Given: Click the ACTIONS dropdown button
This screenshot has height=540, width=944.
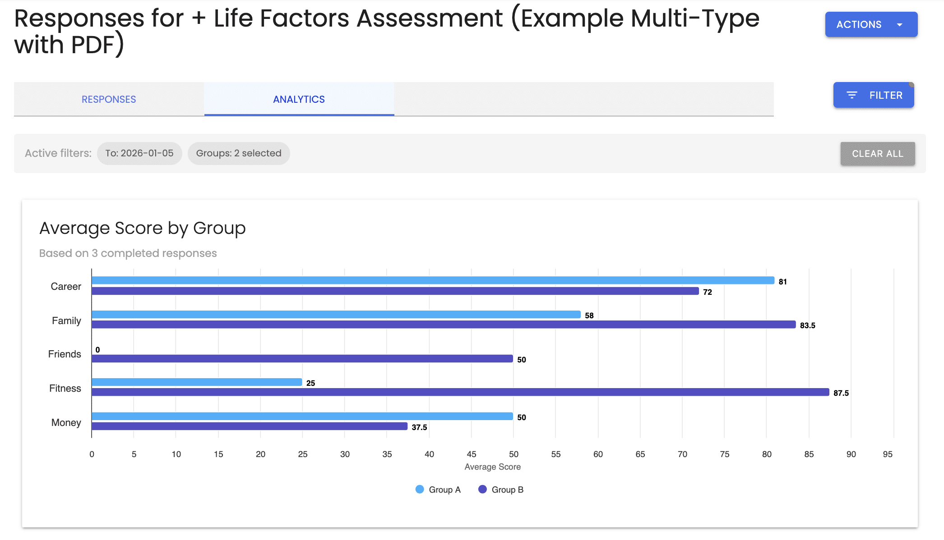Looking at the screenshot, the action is click(871, 24).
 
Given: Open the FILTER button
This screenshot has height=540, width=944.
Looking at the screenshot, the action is click(873, 95).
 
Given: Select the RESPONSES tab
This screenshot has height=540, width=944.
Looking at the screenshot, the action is click(109, 99).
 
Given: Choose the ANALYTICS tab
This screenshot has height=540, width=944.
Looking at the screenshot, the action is click(299, 99).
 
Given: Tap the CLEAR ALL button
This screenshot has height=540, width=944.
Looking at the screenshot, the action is click(878, 154).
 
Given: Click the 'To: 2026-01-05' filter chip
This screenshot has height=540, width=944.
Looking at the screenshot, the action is click(139, 153).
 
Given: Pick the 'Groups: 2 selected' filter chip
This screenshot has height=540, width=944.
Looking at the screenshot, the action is click(239, 153).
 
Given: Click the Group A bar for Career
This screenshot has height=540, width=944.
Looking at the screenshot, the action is click(433, 280).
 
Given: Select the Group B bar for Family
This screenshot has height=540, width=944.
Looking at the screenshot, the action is click(444, 325).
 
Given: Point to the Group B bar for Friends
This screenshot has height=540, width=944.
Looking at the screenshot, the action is click(302, 359).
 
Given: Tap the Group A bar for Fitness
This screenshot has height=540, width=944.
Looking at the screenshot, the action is click(197, 382).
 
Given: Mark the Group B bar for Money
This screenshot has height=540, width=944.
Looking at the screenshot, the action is click(250, 426).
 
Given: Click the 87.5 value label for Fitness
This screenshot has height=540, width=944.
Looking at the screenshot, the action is click(841, 393).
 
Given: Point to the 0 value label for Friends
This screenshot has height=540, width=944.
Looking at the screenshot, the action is click(97, 350).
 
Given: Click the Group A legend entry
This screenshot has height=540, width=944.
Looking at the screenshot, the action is click(438, 490).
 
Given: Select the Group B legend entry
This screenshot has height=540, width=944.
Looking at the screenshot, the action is click(501, 490).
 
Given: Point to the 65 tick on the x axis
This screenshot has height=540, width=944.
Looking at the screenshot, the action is click(640, 454).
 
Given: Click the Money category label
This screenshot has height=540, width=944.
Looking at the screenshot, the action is click(66, 423).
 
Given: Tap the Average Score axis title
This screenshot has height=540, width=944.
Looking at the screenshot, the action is click(493, 467).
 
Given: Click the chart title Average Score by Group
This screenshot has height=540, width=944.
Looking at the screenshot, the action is click(143, 228).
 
